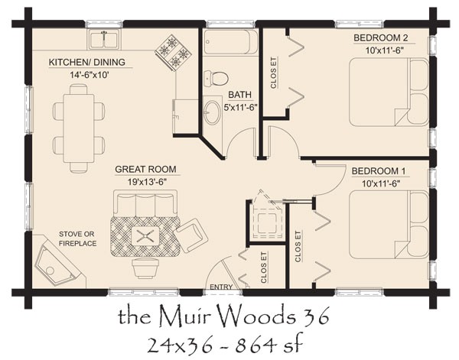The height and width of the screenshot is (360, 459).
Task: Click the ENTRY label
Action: (222, 288)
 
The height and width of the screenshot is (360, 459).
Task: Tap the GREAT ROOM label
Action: (145, 169)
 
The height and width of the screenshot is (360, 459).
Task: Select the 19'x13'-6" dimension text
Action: (145, 180)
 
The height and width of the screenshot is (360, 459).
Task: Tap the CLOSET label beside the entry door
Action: (262, 268)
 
